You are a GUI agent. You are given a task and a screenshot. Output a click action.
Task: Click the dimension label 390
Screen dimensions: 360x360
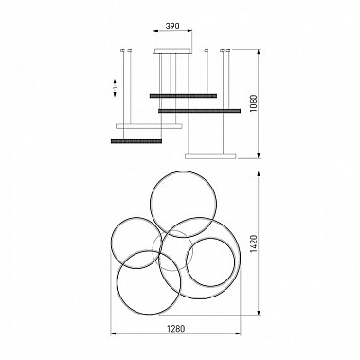pos(172,27)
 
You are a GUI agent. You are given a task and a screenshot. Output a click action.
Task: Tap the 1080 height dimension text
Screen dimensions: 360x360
pos(254,103)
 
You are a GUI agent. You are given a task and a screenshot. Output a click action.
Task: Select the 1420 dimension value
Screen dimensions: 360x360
pos(254,243)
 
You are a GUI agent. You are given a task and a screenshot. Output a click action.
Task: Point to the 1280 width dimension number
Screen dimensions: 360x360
pos(175,328)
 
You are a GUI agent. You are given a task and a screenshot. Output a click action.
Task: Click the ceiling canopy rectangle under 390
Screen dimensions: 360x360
pos(172,51)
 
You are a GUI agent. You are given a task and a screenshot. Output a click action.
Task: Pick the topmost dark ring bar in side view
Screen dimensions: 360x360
pos(183,96)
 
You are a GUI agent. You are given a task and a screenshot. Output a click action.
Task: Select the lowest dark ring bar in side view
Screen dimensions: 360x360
pos(136,141)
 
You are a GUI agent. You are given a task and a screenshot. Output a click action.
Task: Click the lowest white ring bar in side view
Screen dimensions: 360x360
pos(210,156)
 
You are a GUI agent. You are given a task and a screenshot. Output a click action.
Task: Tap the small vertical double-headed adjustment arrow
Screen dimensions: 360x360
pos(116,87)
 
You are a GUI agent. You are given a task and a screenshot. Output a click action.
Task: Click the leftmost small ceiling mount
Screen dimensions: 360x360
pos(123,50)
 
